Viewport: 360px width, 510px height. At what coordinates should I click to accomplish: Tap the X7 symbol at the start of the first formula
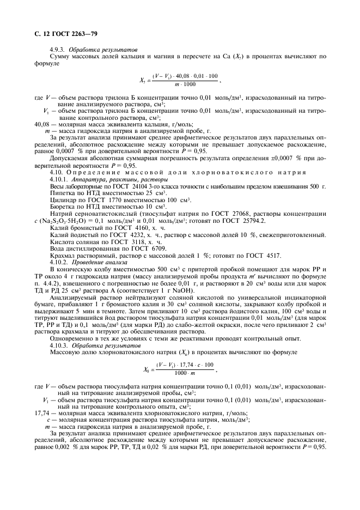pyautogui.click(x=143, y=81)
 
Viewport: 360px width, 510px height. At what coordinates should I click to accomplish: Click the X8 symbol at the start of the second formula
pyautogui.click(x=147, y=369)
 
